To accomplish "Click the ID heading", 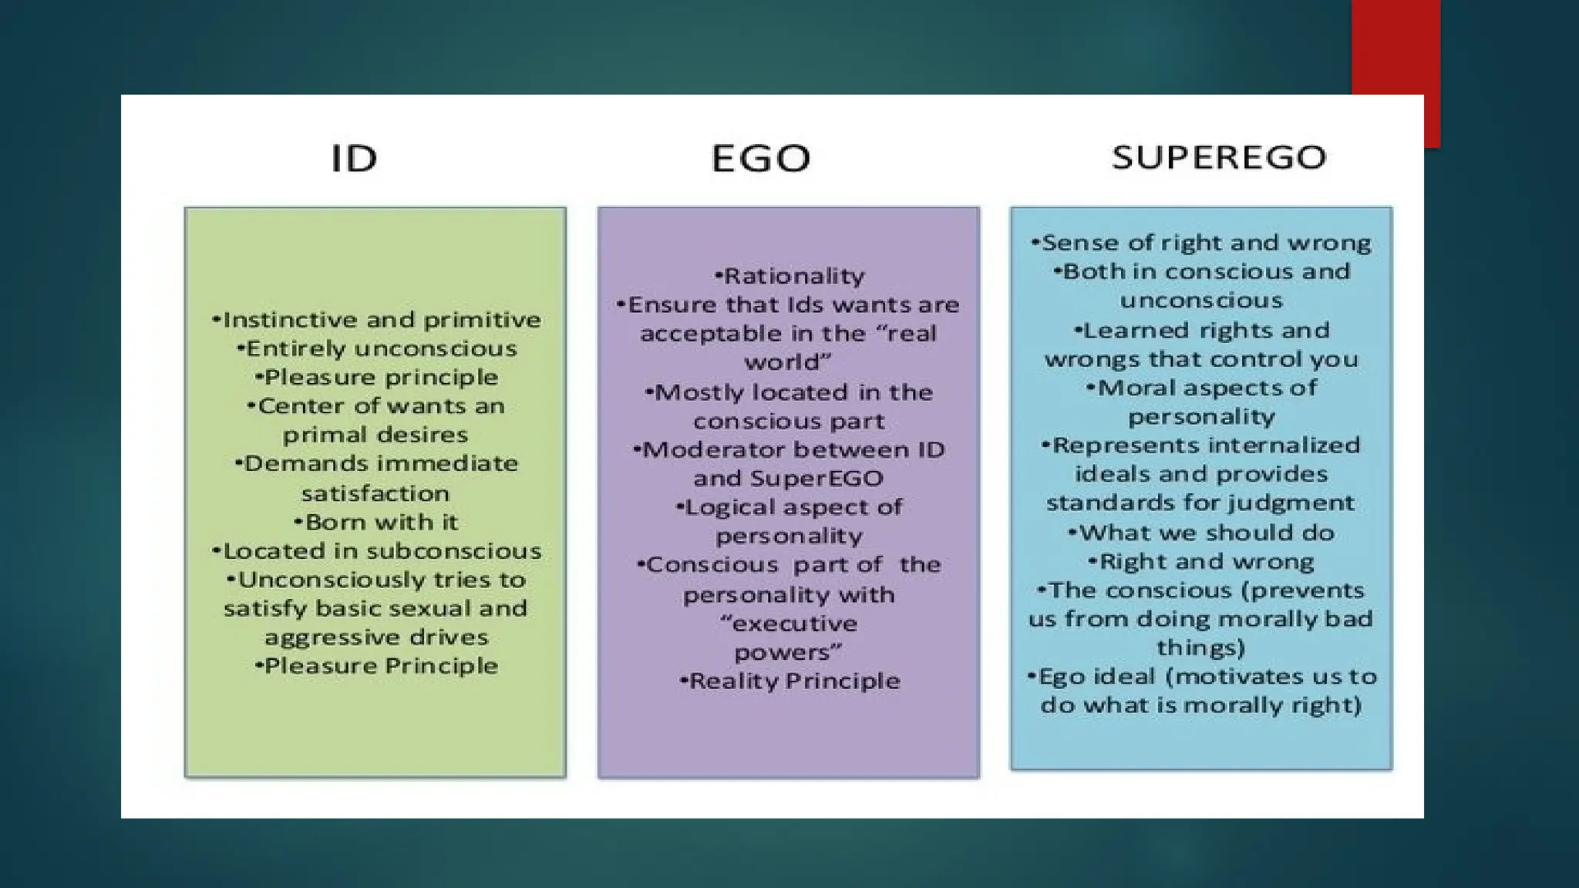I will tap(354, 158).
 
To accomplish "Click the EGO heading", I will tap(760, 158).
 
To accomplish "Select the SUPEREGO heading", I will tap(1218, 157).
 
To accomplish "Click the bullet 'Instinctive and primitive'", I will tap(377, 320).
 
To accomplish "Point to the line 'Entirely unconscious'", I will tap(377, 348).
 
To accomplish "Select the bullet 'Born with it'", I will tap(377, 522).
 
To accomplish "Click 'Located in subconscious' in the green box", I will tap(377, 551).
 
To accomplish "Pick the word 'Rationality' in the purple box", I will tap(794, 276).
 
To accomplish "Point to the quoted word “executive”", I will tap(789, 624).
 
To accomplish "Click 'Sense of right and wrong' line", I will tap(1201, 243).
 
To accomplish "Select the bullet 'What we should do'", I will tap(1201, 533).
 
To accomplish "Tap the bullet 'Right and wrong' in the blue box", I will tap(1201, 562).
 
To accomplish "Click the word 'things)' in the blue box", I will tap(1200, 648).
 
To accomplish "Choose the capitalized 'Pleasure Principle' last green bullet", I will tap(377, 666).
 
